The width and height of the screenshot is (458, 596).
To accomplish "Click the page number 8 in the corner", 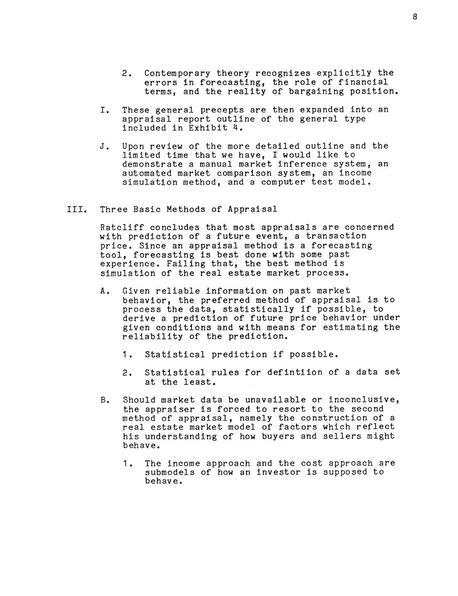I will click(x=414, y=17).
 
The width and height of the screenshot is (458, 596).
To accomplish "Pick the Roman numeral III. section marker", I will click(x=77, y=210).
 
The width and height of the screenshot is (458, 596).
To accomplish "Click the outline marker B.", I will click(x=103, y=400).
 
